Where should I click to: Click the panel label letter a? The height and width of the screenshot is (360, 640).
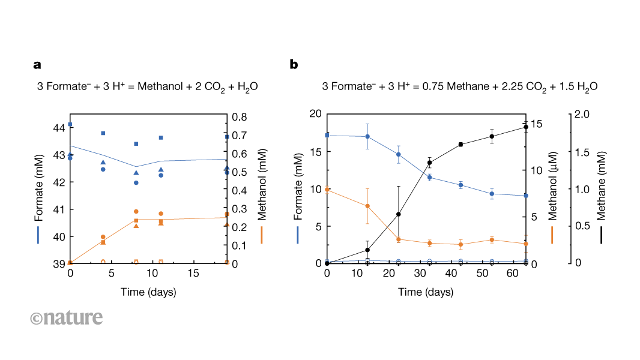pyautogui.click(x=37, y=64)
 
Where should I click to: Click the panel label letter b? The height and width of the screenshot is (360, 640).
pyautogui.click(x=294, y=64)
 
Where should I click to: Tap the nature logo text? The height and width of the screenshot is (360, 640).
pyautogui.click(x=66, y=317)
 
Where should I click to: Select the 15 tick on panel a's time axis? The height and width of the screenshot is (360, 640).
pyautogui.click(x=193, y=273)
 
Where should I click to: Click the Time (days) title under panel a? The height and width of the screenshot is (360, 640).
pyautogui.click(x=148, y=292)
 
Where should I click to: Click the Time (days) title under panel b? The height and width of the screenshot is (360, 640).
pyautogui.click(x=426, y=292)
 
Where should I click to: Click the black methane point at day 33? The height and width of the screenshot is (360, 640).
pyautogui.click(x=429, y=163)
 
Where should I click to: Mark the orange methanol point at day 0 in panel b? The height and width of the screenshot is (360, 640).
pyautogui.click(x=327, y=190)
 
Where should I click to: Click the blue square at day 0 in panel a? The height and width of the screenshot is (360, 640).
pyautogui.click(x=70, y=124)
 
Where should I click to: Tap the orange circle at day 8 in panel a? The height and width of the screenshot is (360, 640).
pyautogui.click(x=136, y=211)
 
